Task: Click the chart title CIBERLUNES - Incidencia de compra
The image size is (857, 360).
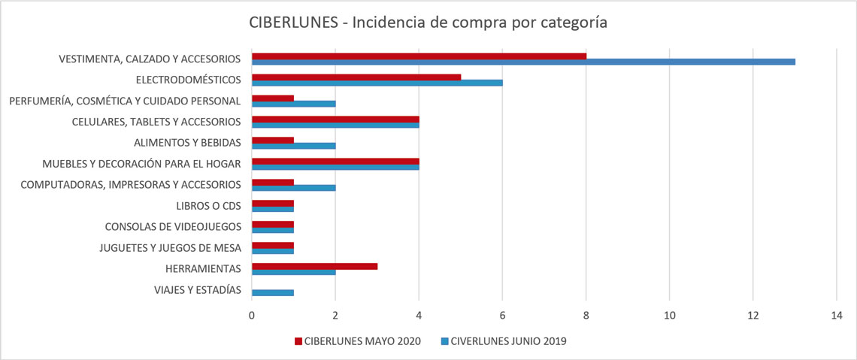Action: pyautogui.click(x=428, y=23)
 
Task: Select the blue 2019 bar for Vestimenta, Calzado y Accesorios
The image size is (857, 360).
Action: pyautogui.click(x=523, y=62)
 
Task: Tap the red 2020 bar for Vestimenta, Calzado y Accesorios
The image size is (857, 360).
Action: pyautogui.click(x=419, y=56)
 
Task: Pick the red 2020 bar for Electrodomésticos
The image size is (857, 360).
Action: pyautogui.click(x=356, y=77)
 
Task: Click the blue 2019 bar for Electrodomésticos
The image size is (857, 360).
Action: pyautogui.click(x=377, y=83)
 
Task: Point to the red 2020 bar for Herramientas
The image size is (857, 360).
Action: pyautogui.click(x=314, y=266)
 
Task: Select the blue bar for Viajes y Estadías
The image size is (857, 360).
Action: pyautogui.click(x=273, y=293)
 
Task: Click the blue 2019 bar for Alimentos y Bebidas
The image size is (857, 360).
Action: pyautogui.click(x=294, y=146)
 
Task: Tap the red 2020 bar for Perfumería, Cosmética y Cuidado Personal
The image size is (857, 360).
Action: pyautogui.click(x=273, y=98)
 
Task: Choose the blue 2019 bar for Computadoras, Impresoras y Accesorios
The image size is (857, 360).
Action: pyautogui.click(x=294, y=188)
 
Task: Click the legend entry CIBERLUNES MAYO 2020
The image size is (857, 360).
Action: pyautogui.click(x=357, y=341)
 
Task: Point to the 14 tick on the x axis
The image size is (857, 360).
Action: pyautogui.click(x=836, y=315)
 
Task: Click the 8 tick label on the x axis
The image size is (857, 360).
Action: pyautogui.click(x=586, y=315)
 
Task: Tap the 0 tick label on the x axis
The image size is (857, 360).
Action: pyautogui.click(x=252, y=315)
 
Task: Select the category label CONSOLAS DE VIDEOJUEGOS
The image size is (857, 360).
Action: pyautogui.click(x=173, y=227)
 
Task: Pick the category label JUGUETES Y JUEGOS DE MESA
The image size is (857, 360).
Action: pyautogui.click(x=170, y=248)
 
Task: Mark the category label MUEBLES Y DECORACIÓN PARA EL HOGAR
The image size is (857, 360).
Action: pyautogui.click(x=141, y=163)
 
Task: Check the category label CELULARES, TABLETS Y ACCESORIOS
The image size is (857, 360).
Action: pyautogui.click(x=156, y=122)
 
